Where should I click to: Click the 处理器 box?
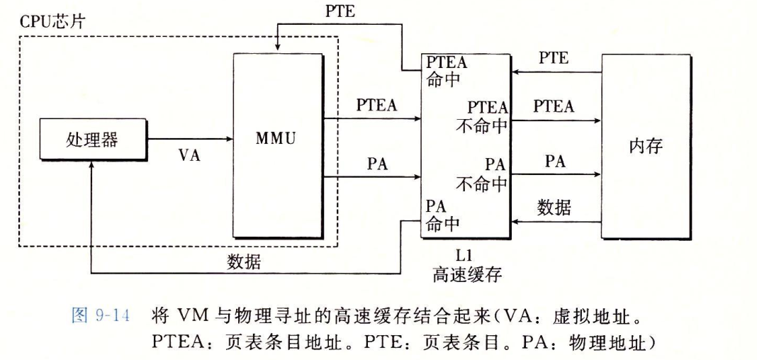point(92,140)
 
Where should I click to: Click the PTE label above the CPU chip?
point(340,11)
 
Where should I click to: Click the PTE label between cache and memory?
point(554,58)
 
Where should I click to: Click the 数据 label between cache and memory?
point(554,208)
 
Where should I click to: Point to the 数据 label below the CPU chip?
point(244,262)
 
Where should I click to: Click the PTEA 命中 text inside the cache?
point(447,69)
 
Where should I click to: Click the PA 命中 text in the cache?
point(443,215)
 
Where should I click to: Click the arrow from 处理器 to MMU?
point(189,140)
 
